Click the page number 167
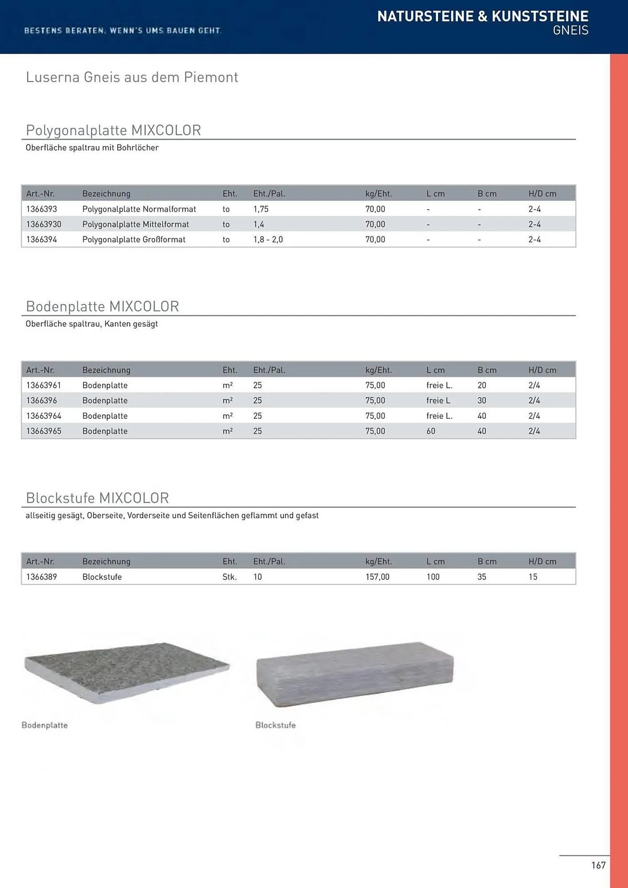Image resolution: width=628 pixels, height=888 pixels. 598,865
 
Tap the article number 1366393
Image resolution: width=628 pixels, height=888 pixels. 42,209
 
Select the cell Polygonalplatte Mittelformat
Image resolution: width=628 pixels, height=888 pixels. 135,224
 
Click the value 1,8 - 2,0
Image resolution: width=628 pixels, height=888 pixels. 268,240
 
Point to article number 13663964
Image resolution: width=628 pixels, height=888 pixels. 44,416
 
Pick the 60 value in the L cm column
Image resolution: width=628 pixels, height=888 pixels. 431,431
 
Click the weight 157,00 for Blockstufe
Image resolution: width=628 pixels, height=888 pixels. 377,577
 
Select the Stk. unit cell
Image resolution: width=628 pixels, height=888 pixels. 230,577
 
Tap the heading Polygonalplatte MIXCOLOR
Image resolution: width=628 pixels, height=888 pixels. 113,130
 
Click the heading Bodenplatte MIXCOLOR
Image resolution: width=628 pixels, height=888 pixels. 102,306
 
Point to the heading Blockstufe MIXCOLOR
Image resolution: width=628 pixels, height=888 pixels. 97,498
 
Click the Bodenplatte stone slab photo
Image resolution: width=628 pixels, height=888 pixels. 127,672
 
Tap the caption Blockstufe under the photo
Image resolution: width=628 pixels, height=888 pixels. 275,725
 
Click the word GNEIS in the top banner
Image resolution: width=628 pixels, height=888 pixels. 570,30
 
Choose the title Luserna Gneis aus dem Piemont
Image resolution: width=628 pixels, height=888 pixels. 132,77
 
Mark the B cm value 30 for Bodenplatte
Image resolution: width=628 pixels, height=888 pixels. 482,400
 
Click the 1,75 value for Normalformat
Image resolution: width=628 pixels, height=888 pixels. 261,209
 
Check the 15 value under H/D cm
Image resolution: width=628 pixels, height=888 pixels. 533,577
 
